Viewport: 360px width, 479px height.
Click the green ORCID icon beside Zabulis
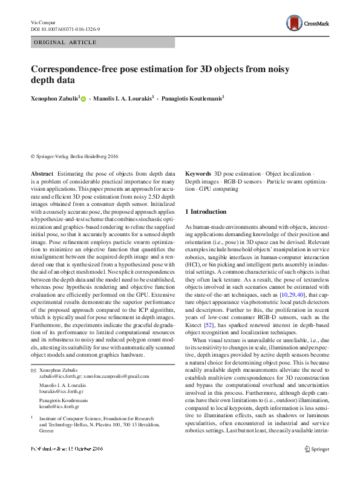[83, 97]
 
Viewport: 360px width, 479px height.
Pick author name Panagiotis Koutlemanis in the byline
[192, 97]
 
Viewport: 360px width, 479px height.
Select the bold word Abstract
[42, 173]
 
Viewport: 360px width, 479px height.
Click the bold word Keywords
[198, 173]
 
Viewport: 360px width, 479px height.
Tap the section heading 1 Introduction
[206, 212]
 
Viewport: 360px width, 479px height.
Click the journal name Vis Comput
[42, 22]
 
